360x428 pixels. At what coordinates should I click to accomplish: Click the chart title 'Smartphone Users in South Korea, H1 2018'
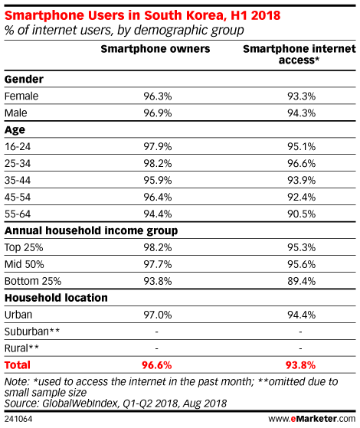point(142,15)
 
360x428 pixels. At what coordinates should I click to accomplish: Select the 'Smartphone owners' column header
point(155,49)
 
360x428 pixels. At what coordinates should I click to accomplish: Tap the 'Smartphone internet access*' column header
point(299,54)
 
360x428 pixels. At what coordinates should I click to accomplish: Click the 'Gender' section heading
point(24,79)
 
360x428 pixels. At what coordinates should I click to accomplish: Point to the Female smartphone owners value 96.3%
point(158,96)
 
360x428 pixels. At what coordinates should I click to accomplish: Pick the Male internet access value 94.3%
point(301,113)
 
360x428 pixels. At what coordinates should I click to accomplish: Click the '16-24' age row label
point(18,146)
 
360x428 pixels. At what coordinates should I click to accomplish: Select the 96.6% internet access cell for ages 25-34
point(301,164)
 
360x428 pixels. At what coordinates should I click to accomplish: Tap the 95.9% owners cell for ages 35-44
point(158,180)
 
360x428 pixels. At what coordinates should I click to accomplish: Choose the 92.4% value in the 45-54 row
point(301,197)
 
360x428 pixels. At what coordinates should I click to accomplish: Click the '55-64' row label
point(18,214)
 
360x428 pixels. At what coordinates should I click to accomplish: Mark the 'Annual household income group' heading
point(91,231)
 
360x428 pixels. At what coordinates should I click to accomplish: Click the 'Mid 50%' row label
point(24,264)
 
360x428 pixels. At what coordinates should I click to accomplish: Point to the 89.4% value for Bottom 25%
point(301,281)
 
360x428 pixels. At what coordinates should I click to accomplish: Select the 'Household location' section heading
point(56,298)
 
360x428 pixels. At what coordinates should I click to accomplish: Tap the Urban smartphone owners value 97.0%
point(158,315)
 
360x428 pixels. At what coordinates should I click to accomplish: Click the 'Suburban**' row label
point(32,332)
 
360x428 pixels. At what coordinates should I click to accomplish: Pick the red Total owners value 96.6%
point(156,365)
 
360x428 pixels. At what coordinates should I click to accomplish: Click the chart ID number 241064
point(18,419)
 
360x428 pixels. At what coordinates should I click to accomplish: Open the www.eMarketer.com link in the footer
point(312,419)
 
